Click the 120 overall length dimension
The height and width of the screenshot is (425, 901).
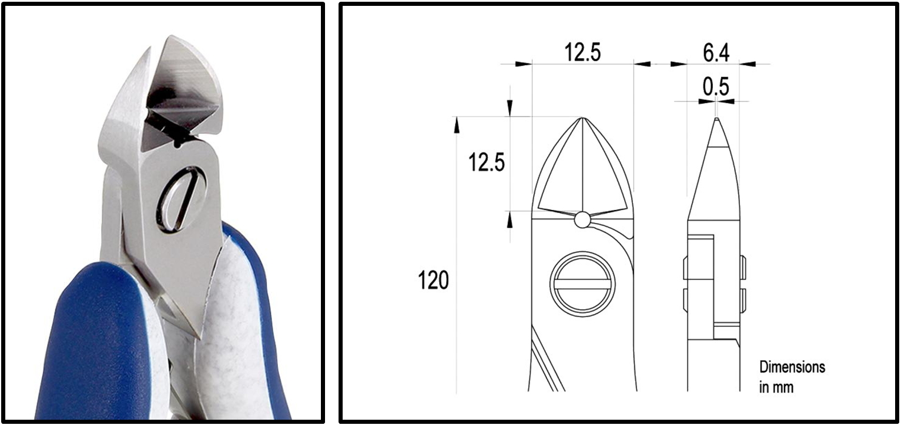[433, 280]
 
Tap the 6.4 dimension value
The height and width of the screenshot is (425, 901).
[716, 53]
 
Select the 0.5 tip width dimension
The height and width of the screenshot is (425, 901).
[716, 86]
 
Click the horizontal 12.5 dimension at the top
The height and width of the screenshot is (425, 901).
[582, 52]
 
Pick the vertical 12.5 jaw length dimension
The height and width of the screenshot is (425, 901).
[486, 163]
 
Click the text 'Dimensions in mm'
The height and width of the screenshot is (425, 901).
[792, 377]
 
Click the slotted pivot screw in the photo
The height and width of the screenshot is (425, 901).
[182, 199]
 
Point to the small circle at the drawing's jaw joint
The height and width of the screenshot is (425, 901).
[582, 220]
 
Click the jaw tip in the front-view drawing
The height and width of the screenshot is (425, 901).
[582, 118]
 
